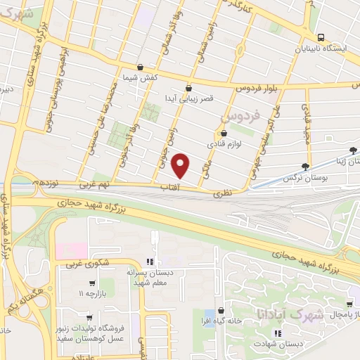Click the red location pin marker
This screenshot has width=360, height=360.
click(x=181, y=165)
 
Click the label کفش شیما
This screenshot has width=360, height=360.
click(x=140, y=77)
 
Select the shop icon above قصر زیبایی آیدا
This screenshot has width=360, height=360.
click(x=188, y=88)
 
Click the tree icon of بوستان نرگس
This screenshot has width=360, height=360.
click(x=304, y=167)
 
